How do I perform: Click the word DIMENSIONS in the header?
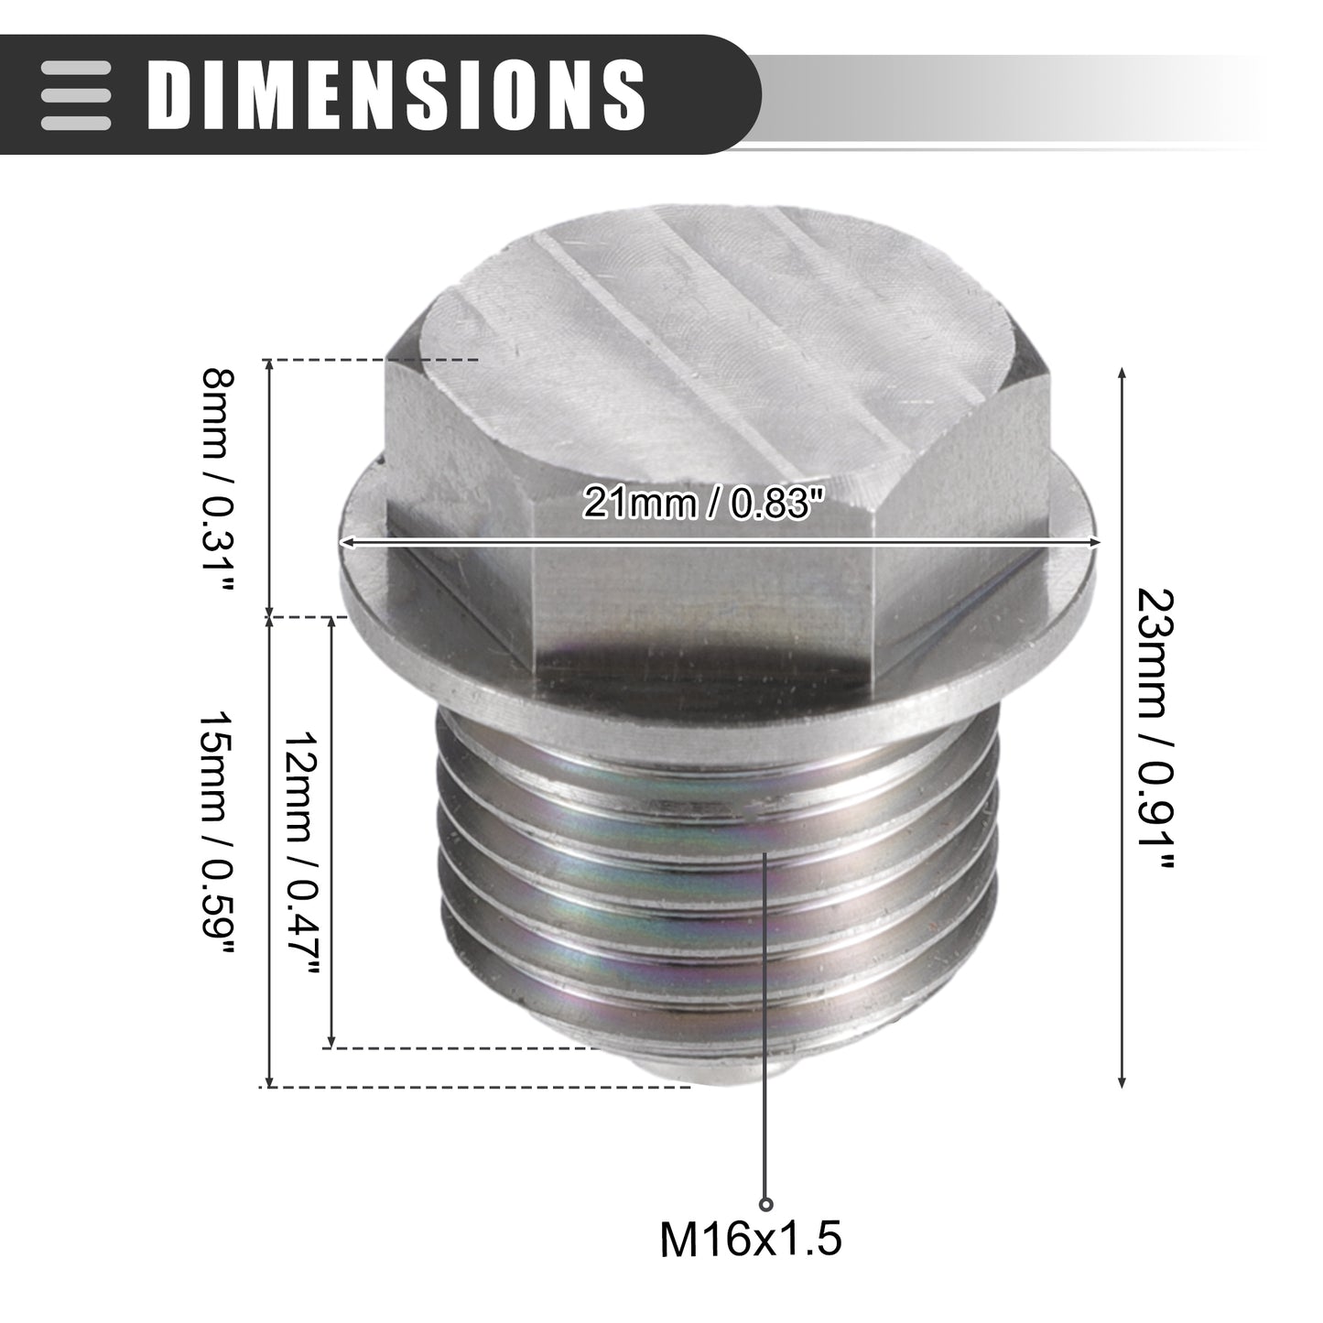coord(396,94)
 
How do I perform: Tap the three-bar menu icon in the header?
coord(75,95)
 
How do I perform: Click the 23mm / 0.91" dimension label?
coord(1156,728)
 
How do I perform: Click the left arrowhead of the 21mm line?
coord(345,542)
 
